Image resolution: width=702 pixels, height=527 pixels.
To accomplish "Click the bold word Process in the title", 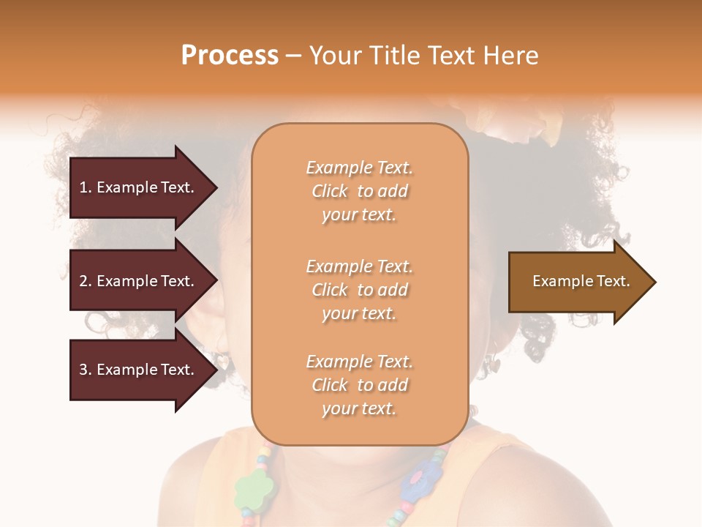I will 230,56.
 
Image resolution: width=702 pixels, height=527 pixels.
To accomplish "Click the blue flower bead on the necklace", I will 419,483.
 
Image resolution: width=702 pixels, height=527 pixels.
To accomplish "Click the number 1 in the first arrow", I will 83,187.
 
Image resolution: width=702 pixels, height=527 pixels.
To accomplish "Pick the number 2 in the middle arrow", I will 83,281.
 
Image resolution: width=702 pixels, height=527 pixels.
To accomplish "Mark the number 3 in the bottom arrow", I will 83,370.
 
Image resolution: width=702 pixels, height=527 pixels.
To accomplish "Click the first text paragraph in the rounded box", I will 359,191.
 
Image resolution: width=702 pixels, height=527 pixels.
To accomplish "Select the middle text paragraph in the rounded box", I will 359,290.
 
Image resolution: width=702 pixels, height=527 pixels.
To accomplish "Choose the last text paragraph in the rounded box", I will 359,385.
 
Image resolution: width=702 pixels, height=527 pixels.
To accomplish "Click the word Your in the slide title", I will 333,56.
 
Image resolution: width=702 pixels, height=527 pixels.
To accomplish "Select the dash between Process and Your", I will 293,56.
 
